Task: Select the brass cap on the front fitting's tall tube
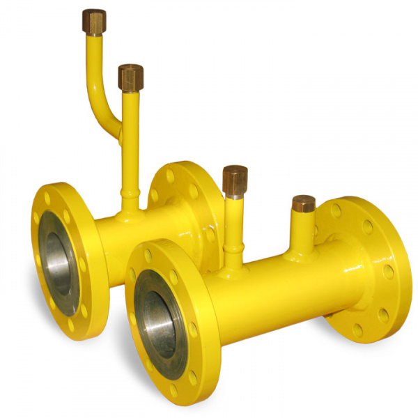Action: click(x=235, y=179)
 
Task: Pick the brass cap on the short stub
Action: click(x=303, y=203)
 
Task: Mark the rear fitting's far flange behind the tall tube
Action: click(x=185, y=188)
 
